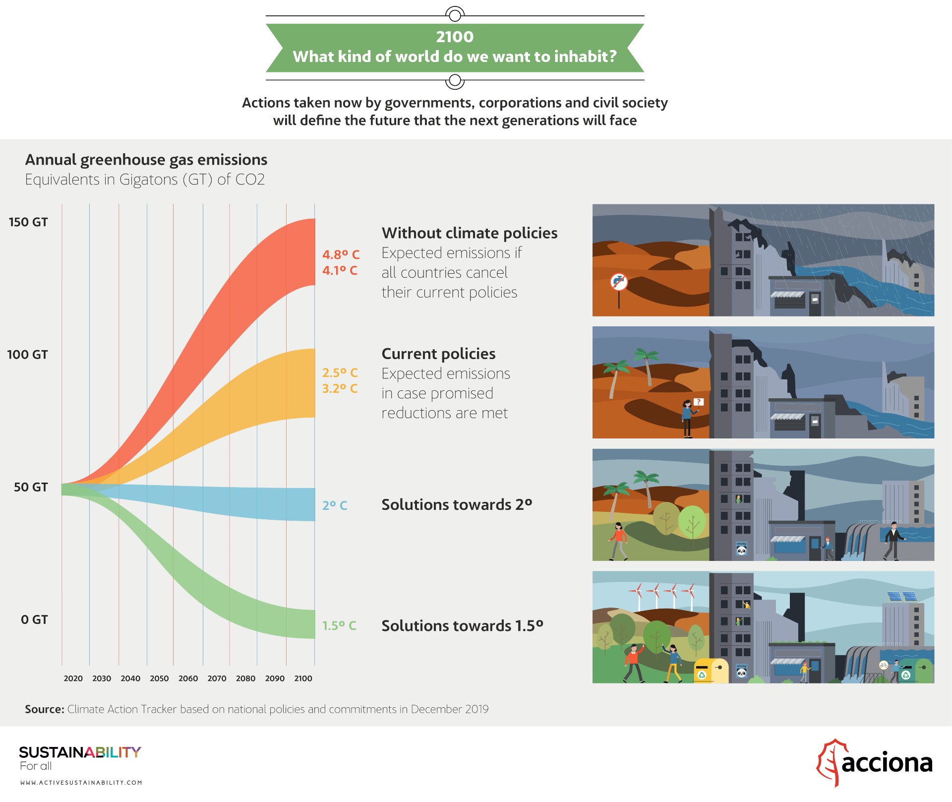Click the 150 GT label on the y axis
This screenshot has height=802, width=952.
[x=28, y=222]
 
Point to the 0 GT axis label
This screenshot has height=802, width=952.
[x=34, y=619]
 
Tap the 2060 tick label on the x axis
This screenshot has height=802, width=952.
[x=188, y=679]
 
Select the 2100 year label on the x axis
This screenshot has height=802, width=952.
[x=303, y=679]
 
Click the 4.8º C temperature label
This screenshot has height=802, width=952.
[x=341, y=254]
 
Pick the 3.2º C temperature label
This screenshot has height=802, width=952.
[x=340, y=388]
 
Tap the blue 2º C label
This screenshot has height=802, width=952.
[x=335, y=505]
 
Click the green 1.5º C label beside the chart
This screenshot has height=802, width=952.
[x=339, y=625]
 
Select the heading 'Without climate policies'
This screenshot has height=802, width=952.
[x=469, y=233]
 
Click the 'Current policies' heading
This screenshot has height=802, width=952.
[x=438, y=354]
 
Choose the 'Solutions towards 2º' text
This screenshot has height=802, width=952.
[x=456, y=504]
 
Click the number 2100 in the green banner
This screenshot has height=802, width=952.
[x=455, y=37]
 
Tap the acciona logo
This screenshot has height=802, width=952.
[x=875, y=762]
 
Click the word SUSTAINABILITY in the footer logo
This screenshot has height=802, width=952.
[x=80, y=752]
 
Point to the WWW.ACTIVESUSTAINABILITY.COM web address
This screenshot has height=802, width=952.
[x=81, y=783]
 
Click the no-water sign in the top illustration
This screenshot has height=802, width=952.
[x=619, y=283]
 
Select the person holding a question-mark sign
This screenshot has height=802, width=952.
[x=688, y=418]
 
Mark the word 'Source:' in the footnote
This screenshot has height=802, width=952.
[x=45, y=709]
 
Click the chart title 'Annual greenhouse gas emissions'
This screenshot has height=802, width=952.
[x=146, y=160]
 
